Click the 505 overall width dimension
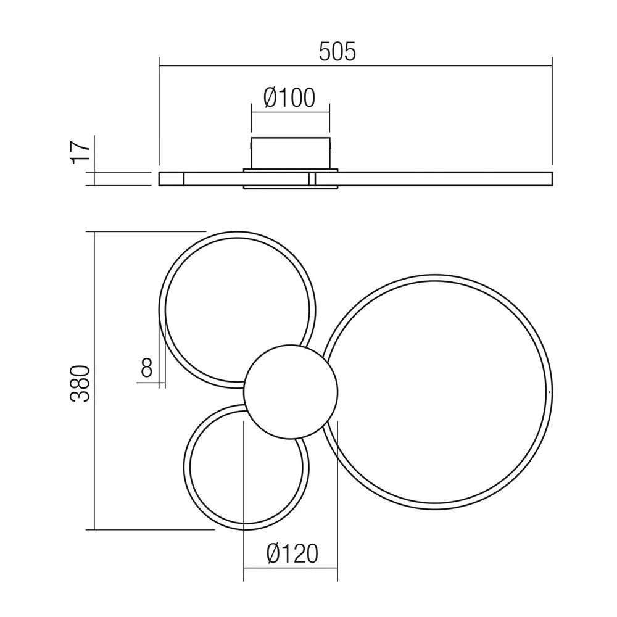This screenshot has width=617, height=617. (x=337, y=52)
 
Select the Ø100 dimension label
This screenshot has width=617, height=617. (x=289, y=97)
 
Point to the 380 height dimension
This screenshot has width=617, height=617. (x=80, y=383)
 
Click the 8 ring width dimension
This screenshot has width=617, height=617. (x=146, y=368)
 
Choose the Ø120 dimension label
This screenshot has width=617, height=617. (x=292, y=553)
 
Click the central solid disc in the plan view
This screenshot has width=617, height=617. (x=291, y=392)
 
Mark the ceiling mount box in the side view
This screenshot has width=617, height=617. (x=291, y=153)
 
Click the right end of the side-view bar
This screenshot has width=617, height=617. (x=552, y=179)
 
